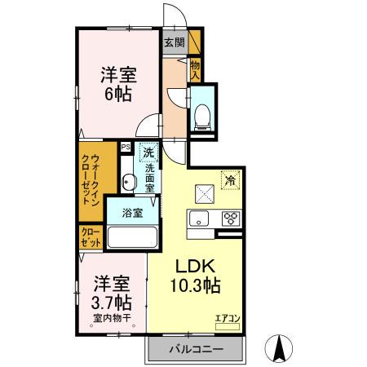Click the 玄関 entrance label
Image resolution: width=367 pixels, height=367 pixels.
(173, 42)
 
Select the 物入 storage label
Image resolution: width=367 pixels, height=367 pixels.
(196, 69)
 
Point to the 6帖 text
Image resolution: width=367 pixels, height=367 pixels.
(117, 93)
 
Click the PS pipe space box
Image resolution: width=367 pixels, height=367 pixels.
(126, 147)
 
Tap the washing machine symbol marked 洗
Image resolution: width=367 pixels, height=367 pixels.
(148, 152)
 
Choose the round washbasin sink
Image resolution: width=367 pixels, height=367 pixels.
(128, 182)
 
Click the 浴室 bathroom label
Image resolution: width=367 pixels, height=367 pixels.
(133, 213)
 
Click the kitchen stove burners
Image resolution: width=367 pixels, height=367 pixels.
(230, 218)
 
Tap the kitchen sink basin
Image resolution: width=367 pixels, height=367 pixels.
(200, 218)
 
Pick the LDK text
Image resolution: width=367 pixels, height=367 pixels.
(196, 267)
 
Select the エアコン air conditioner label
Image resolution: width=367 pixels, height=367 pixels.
(227, 319)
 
